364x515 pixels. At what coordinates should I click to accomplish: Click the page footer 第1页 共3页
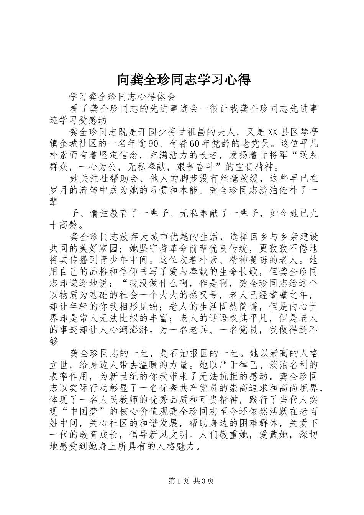(191, 481)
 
